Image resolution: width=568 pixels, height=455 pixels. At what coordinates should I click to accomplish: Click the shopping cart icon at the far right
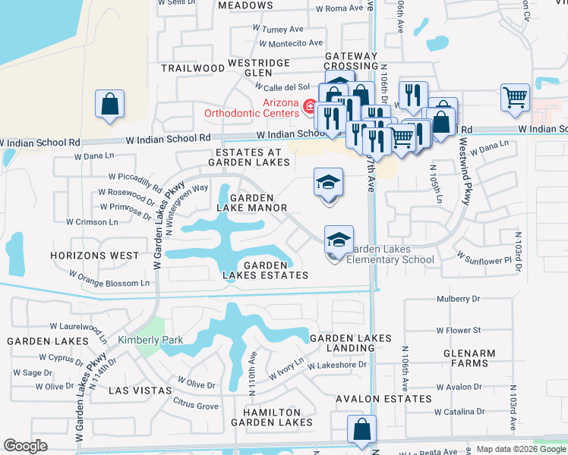(515, 97)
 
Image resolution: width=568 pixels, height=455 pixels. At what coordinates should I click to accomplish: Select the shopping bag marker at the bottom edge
(362, 428)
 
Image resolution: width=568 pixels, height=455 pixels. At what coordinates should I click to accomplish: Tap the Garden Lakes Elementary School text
(390, 254)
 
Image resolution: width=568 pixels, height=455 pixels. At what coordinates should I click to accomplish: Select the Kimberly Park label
(150, 340)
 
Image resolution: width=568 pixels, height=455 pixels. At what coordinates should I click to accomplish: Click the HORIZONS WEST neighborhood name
(95, 256)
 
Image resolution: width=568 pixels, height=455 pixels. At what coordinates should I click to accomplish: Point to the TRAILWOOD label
(193, 68)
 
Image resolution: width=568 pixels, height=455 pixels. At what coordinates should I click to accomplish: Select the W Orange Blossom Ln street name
(110, 278)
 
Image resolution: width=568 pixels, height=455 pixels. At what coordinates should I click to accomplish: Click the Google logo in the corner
(25, 445)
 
